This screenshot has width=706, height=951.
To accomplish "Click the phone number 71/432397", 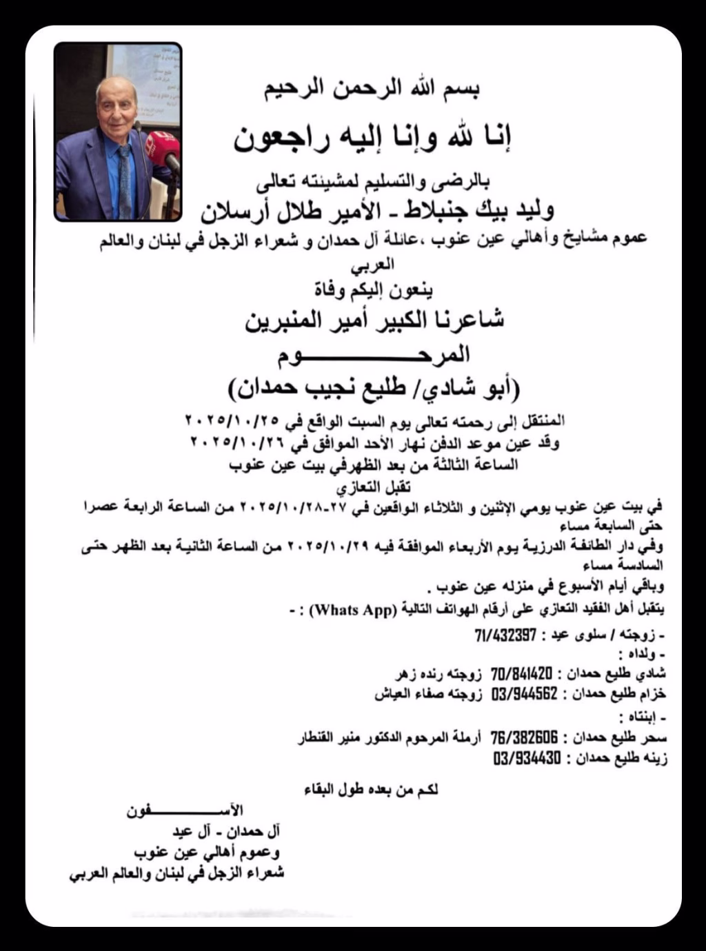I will pos(505,635).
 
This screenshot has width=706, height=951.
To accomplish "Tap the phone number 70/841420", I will pos(522,673).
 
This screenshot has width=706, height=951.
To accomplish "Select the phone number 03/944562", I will pos(524,694).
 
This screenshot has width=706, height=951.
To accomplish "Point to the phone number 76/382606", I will pos(524,738).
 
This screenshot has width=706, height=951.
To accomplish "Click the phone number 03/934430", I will pos(527,759).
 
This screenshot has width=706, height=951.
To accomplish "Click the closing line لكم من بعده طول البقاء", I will pos(371,790).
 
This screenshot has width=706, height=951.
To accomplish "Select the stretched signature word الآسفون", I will pos(185,811).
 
